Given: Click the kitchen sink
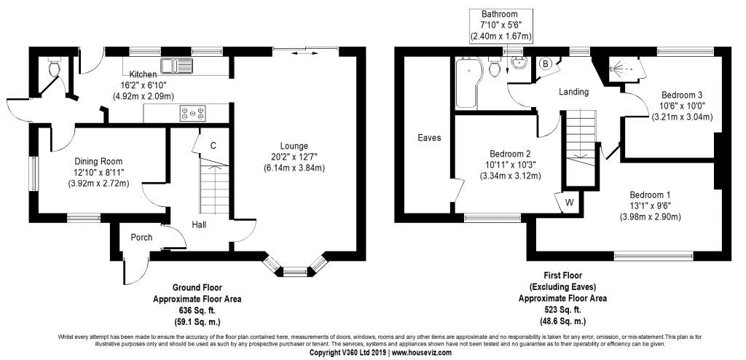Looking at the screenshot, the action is pyautogui.click(x=176, y=66).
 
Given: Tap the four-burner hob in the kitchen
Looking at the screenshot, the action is pyautogui.click(x=193, y=114).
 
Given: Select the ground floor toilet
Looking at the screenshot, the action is pyautogui.click(x=54, y=66).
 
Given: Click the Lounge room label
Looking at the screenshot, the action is pyautogui.click(x=294, y=146).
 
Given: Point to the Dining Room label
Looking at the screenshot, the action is pyautogui.click(x=98, y=162).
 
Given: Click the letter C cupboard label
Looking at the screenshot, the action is pyautogui.click(x=213, y=146).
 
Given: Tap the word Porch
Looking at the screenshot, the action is pyautogui.click(x=142, y=237).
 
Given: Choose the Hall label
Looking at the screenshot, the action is pyautogui.click(x=200, y=224).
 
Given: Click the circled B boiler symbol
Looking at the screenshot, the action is pyautogui.click(x=546, y=64).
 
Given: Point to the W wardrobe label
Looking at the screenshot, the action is pyautogui.click(x=570, y=203).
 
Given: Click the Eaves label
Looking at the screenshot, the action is pyautogui.click(x=429, y=138).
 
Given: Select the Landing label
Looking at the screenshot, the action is pyautogui.click(x=574, y=92).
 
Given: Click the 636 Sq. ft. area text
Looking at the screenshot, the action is pyautogui.click(x=197, y=310).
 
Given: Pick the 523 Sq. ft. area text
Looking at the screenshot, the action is pyautogui.click(x=562, y=310).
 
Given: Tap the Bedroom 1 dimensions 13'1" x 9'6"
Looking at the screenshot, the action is pyautogui.click(x=650, y=206).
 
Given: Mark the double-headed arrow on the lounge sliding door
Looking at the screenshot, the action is pyautogui.click(x=308, y=53).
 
